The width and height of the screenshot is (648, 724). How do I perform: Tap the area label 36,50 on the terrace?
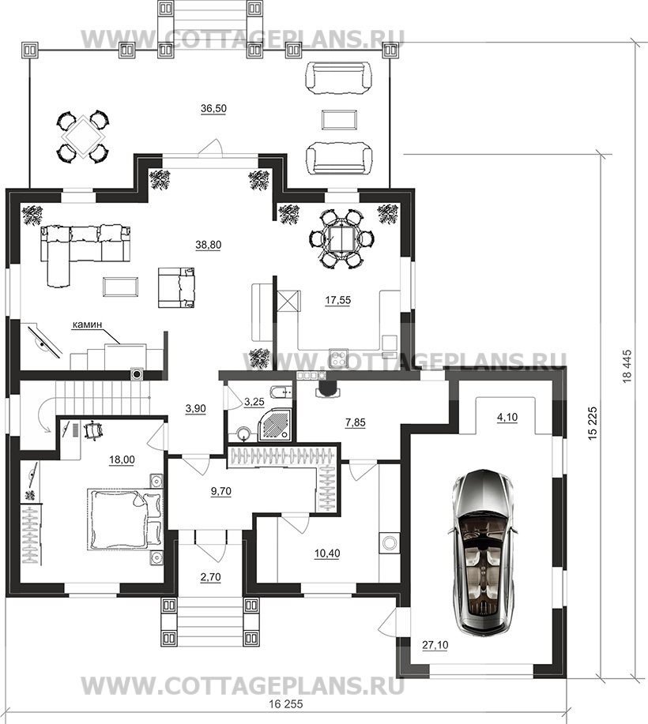point(213,108)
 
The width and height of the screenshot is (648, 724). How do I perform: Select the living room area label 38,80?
point(208,245)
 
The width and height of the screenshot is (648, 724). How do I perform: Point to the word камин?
point(86,324)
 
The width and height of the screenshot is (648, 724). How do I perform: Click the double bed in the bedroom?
point(125,519)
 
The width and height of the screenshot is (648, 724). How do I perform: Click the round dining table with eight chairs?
point(341,238)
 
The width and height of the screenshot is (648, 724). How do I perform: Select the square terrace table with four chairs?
point(83,137)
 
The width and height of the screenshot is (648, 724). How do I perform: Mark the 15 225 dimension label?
point(594,423)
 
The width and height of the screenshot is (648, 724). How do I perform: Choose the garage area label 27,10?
point(435,645)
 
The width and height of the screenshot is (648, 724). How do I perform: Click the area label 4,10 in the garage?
point(507,418)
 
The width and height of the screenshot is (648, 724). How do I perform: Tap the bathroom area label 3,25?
point(254,402)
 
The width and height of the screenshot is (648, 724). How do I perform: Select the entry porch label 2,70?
point(211,576)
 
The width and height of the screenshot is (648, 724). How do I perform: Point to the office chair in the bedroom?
point(92,429)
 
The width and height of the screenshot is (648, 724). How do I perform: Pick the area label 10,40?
point(327,553)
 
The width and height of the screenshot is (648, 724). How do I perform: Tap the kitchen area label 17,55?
point(338,300)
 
